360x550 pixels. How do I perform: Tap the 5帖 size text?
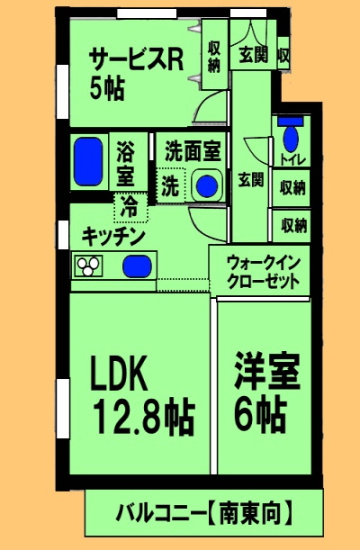click(105, 89)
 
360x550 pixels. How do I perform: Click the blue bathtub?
click(88, 161)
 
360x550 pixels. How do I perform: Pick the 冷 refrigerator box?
click(130, 207)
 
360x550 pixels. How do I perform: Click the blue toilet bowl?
click(292, 140)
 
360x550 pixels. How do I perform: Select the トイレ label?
click(293, 162)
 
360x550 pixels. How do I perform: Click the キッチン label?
click(112, 236)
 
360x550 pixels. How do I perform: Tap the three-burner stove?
click(89, 266)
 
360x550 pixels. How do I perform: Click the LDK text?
click(129, 373)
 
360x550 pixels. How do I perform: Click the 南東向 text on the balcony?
click(247, 514)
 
